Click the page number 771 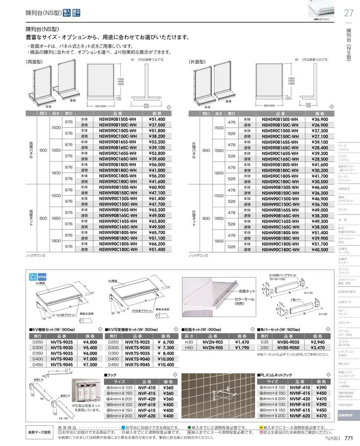point(349,438)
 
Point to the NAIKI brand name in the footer point(331,438)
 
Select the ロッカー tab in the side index point(344,210)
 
